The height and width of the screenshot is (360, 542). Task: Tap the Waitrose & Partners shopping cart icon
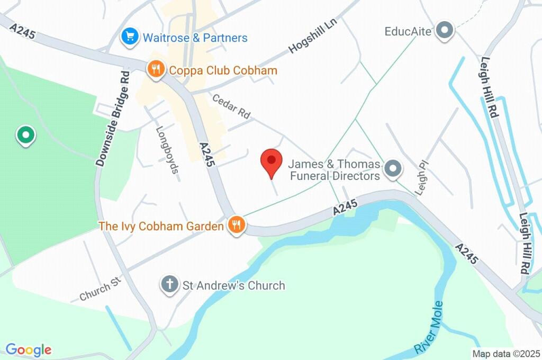pos(129,37)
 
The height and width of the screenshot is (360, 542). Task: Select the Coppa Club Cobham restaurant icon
pos(155,69)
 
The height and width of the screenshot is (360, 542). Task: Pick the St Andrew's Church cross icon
pos(169,285)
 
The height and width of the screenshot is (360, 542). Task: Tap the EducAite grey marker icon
pos(445,31)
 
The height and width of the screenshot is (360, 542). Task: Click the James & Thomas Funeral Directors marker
pos(393,169)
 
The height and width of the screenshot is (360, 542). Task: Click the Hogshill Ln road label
pos(312,40)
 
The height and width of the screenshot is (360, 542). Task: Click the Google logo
pos(29,349)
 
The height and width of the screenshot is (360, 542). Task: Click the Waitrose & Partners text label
pos(195,38)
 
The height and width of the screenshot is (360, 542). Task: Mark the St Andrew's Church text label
pos(233,285)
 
